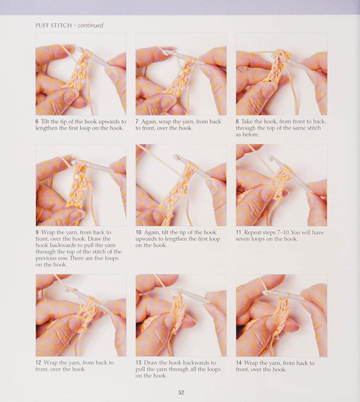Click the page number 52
[x=181, y=392]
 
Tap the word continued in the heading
[x=90, y=25]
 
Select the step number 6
[x=37, y=121]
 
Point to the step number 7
[x=137, y=121]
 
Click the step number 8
[x=237, y=121]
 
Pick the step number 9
[x=37, y=232]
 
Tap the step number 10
[x=138, y=232]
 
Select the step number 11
[x=239, y=232]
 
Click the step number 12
[x=38, y=363]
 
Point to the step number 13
[x=138, y=363]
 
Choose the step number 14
[x=239, y=363]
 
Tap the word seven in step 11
[x=243, y=239]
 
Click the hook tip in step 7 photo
[x=165, y=52]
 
